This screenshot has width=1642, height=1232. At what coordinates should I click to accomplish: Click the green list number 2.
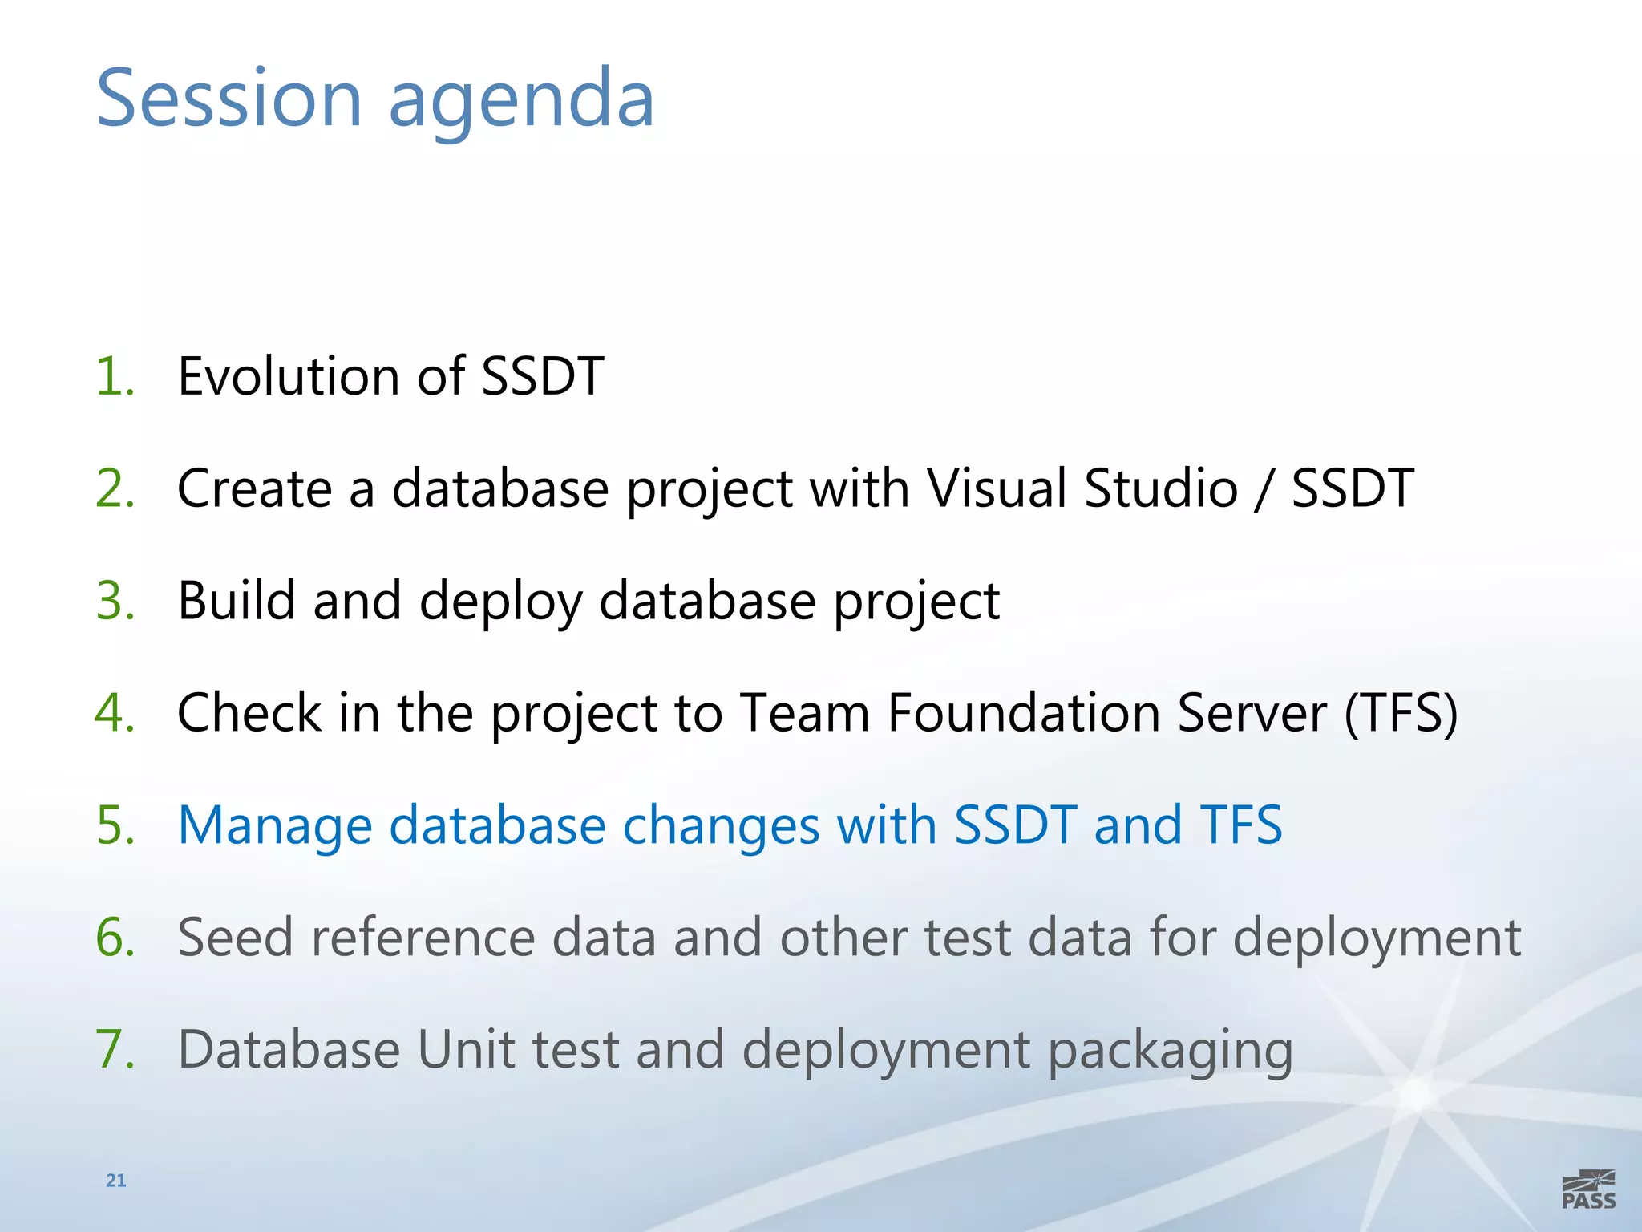click(114, 488)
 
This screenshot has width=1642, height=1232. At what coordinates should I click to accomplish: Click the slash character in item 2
click(1264, 490)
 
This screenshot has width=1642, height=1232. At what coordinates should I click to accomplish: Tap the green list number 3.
click(114, 601)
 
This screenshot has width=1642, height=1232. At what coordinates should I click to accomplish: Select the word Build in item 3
click(236, 601)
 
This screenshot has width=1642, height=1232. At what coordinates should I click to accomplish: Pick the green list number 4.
click(114, 713)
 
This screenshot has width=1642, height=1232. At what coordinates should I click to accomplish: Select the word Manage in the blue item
click(275, 827)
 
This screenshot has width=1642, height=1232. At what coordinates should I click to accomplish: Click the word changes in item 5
click(721, 827)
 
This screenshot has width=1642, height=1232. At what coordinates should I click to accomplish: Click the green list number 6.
click(114, 938)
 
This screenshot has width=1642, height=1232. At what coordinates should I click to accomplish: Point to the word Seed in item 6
click(235, 938)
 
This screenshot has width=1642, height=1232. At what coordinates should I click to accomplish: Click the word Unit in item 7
click(465, 1050)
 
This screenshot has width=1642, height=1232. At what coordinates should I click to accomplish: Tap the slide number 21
click(116, 1180)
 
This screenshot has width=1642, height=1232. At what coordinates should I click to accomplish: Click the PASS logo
click(1588, 1189)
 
